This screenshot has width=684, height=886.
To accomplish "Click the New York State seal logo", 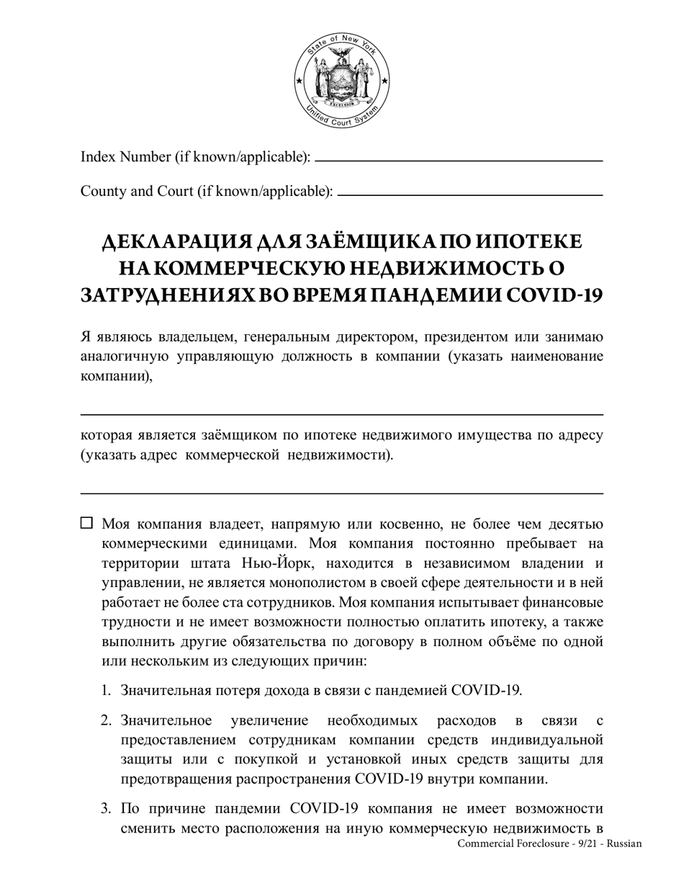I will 342,81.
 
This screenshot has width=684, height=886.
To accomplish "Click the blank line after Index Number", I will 459,160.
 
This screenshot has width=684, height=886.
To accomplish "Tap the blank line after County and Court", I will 469,194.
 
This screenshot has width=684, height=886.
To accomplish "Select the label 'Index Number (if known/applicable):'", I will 195,156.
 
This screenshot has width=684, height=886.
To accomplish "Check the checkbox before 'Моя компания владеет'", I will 86,523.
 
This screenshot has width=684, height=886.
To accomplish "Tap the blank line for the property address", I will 341,493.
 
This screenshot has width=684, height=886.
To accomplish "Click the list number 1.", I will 106,691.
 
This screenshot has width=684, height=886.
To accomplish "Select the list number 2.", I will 106,720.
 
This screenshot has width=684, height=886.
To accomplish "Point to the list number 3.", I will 106,809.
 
